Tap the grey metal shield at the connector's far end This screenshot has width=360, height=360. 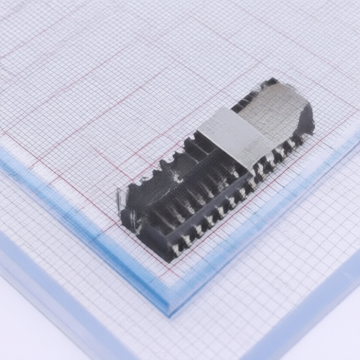[278, 112]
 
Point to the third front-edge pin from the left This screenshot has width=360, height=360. [198, 231]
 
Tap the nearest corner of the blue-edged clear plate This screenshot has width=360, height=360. [169, 309]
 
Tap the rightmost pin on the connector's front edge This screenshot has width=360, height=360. [298, 141]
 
